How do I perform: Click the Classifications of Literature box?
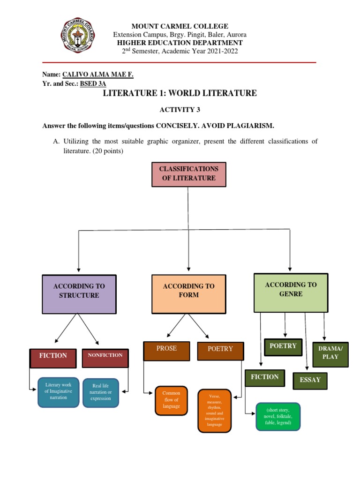point(189,173)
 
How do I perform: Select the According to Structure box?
point(79,294)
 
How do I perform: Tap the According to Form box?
point(188,294)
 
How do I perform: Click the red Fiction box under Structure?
point(53,358)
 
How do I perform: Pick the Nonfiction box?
point(105,358)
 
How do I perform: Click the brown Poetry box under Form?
point(220,351)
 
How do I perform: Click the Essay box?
point(310,380)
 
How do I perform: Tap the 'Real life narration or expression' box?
point(101,392)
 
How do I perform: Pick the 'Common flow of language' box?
point(171,400)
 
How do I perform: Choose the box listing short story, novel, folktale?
point(277,416)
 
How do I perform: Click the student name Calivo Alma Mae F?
point(97,75)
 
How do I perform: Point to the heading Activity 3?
point(180,109)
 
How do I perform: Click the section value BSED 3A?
point(93,84)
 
